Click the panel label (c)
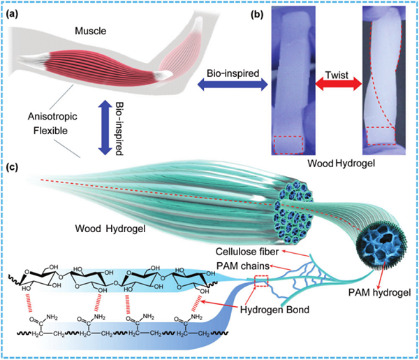pos(12,167)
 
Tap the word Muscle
pos(90,31)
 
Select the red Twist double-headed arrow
pos(339,85)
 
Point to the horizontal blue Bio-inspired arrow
pos(233,85)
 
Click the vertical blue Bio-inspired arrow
pos(105,127)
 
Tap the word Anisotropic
pos(52,117)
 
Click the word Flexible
pos(50,131)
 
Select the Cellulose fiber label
pos(247,252)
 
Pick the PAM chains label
pos(242,266)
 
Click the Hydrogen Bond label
pos(274,310)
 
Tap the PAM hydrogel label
pos(379,293)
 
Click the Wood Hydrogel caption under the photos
pos(341,164)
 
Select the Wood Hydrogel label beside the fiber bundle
pos(110,229)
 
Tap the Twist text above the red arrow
pos(337,75)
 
